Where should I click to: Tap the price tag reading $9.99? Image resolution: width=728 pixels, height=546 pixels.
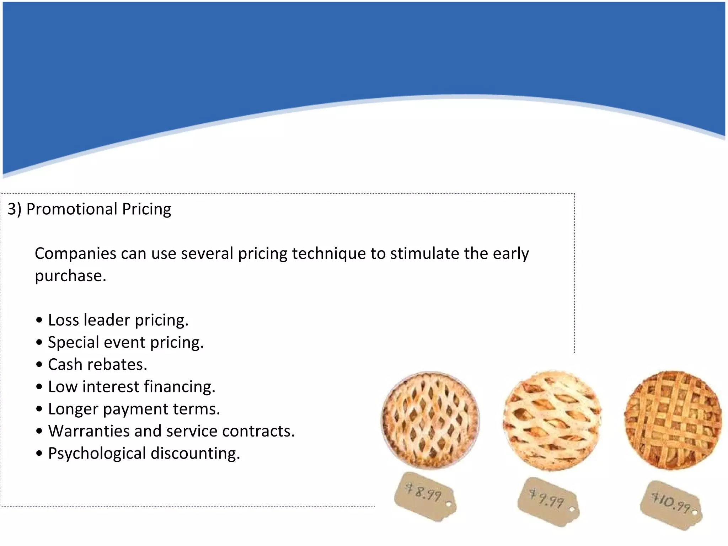(548, 501)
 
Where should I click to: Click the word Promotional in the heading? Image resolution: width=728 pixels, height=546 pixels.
(72, 209)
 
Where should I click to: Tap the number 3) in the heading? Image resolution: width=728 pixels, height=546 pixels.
(15, 209)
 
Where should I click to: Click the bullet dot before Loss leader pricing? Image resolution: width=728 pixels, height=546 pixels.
(39, 320)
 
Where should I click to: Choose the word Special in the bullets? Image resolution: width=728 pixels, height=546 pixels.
(73, 343)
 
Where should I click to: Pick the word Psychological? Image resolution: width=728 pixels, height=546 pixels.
(97, 454)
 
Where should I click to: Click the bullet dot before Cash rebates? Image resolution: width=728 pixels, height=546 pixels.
(39, 365)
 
